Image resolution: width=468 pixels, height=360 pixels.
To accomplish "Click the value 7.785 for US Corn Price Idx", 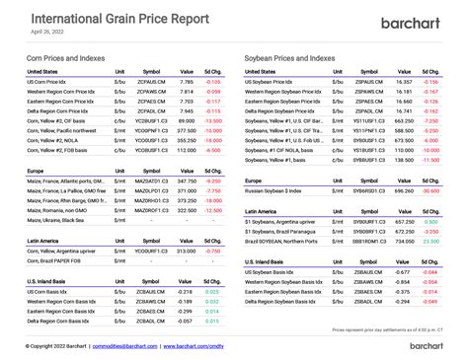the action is tap(186, 81).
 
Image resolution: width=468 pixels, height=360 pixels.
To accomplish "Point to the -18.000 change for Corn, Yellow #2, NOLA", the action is tap(212, 140).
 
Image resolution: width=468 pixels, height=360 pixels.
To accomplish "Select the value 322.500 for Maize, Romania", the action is tap(184, 210).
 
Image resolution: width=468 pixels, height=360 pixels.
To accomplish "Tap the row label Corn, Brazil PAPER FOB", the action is tap(55, 260).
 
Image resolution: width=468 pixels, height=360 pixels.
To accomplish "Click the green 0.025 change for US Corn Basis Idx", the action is tap(213, 291).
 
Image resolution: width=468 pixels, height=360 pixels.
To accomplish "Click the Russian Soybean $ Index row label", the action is tap(280, 190).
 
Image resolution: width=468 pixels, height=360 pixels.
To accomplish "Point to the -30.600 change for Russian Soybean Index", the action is tap(429, 190).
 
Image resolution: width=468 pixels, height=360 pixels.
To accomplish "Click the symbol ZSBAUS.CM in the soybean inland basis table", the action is tap(367, 271).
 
